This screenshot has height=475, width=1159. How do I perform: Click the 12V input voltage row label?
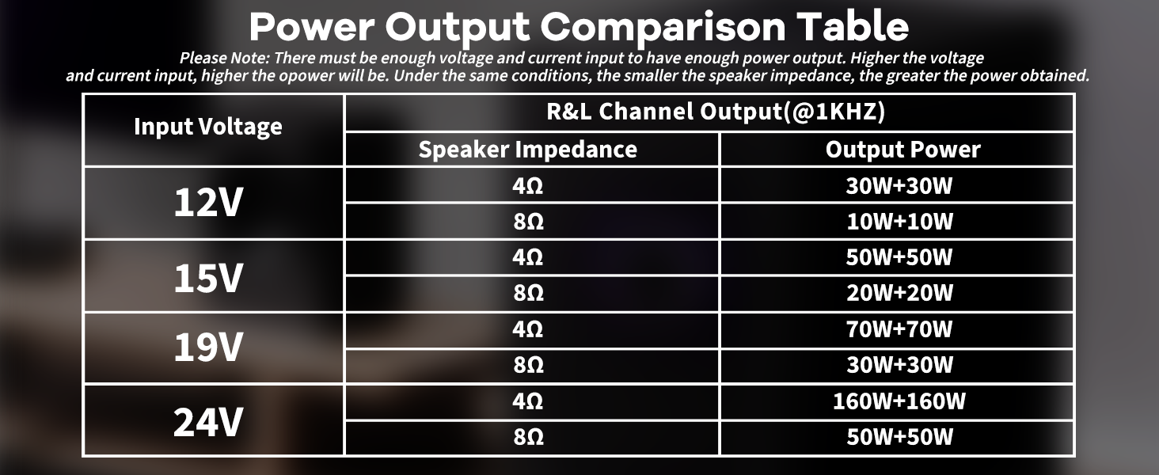[208, 203]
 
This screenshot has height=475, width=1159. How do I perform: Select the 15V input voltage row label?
[208, 276]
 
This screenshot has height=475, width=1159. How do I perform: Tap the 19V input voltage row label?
[208, 348]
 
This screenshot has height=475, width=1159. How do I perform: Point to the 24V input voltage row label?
[208, 421]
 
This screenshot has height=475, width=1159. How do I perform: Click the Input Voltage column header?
[208, 127]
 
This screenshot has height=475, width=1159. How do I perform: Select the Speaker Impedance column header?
[528, 150]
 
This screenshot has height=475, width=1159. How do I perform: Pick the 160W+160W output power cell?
[899, 401]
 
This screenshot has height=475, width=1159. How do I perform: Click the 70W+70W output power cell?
[899, 329]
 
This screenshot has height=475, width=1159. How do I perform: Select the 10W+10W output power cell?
[899, 222]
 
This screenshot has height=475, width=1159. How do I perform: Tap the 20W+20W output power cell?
[899, 294]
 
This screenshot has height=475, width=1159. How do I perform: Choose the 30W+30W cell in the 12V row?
[899, 186]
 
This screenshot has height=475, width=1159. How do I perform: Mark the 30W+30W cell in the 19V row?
[899, 365]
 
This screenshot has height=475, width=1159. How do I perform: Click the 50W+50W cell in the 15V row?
[899, 257]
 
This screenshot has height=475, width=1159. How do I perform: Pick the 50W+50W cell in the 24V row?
[899, 437]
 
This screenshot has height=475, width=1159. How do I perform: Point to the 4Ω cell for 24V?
[528, 401]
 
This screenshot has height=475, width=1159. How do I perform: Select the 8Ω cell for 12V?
[528, 222]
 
